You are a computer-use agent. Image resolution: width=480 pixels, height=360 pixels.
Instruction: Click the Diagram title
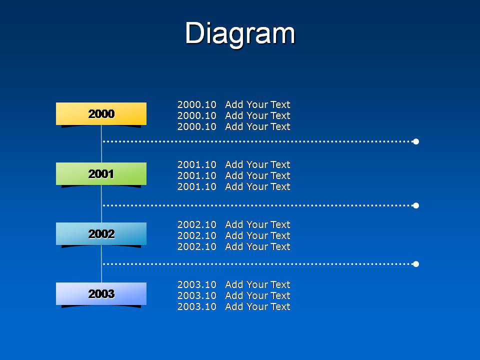tap(240, 33)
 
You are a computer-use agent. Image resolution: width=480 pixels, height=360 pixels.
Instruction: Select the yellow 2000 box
tap(101, 114)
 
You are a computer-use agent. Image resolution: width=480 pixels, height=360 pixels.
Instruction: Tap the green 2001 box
tap(101, 174)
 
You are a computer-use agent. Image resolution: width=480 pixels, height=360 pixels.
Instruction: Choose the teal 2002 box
tap(101, 234)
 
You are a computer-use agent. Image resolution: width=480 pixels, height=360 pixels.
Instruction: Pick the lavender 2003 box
tap(101, 294)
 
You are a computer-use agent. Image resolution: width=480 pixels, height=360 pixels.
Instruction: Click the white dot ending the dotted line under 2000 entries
tap(415, 141)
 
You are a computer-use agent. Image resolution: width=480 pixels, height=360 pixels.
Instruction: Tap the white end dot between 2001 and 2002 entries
tap(415, 205)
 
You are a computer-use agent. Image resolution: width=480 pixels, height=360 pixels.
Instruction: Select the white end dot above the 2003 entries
tap(415, 264)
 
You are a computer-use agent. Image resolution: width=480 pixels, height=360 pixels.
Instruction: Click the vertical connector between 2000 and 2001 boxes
tap(101, 144)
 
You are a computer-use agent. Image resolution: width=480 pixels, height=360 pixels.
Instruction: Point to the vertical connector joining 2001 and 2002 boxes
tap(101, 204)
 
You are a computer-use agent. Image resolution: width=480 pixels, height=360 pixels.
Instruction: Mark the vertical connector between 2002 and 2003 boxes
tap(101, 264)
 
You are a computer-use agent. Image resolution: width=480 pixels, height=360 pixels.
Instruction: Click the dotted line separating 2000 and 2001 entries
tap(258, 141)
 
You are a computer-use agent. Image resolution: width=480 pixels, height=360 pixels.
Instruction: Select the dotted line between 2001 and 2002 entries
tap(258, 205)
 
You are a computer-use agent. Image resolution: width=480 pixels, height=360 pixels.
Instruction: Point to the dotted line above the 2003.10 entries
tap(258, 264)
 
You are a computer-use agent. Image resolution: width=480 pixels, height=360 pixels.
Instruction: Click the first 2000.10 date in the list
tap(197, 104)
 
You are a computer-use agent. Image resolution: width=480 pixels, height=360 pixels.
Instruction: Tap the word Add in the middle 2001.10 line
tap(234, 175)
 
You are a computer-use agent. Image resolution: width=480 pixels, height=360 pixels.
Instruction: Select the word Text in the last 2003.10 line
tap(280, 306)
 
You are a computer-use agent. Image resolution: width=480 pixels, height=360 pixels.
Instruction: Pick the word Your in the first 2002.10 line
tap(257, 224)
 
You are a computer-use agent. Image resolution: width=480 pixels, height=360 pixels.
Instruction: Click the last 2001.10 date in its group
tap(197, 186)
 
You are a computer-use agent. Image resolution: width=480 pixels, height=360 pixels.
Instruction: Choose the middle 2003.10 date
tap(197, 295)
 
